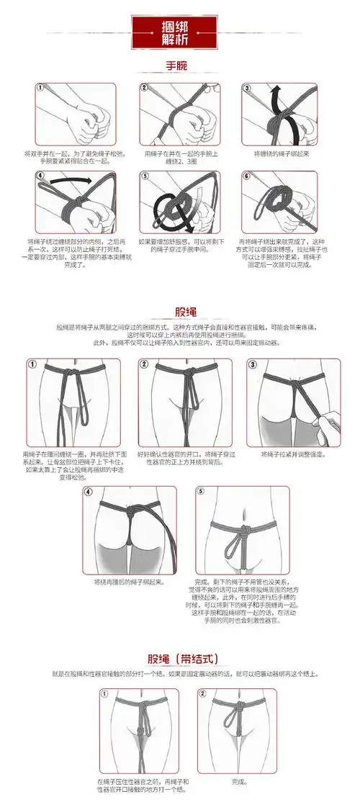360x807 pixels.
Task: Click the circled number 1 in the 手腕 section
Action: pyautogui.click(x=40, y=88)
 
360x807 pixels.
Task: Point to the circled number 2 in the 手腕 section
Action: pyautogui.click(x=144, y=88)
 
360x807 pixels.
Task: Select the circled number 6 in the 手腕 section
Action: pyautogui.click(x=246, y=175)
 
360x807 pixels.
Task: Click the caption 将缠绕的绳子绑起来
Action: pyautogui.click(x=281, y=153)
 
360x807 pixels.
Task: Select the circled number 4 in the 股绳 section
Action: pyautogui.click(x=89, y=492)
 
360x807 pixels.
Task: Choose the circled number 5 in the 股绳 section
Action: pyautogui.click(x=200, y=492)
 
